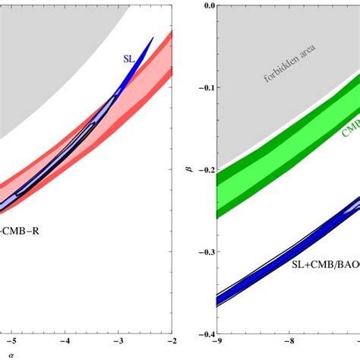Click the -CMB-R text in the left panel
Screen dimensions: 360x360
click(x=18, y=227)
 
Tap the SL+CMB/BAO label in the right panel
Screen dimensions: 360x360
click(x=327, y=265)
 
